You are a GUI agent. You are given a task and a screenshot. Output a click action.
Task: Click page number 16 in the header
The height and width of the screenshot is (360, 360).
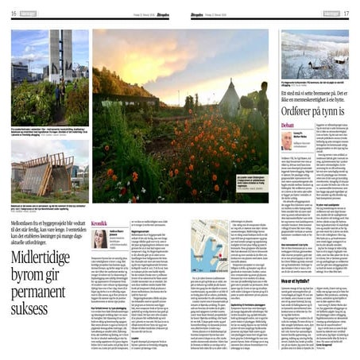click(14, 13)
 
